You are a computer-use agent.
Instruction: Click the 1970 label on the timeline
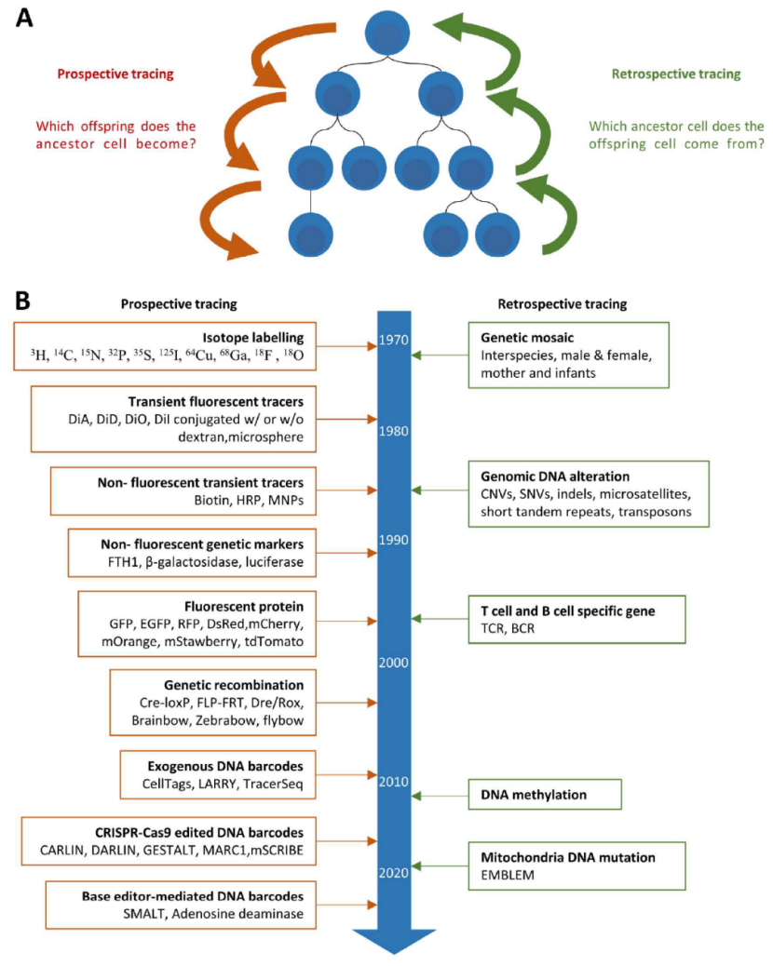[x=393, y=340]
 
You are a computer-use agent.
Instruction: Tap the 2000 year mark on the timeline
[x=393, y=663]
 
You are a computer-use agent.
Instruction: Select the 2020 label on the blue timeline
[x=393, y=873]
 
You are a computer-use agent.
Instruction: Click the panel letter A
[x=24, y=18]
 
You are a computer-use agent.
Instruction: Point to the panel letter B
[x=22, y=301]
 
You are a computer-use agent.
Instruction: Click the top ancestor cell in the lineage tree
[x=387, y=32]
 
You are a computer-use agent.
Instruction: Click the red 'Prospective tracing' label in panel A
[x=115, y=74]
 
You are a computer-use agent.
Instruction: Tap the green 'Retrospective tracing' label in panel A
[x=676, y=74]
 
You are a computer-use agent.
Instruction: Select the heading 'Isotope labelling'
[x=253, y=338]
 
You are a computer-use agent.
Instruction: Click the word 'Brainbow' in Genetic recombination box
[x=160, y=720]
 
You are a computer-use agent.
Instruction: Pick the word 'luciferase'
[x=275, y=562]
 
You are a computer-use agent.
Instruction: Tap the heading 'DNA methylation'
[x=534, y=795]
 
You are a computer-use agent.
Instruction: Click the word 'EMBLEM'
[x=508, y=875]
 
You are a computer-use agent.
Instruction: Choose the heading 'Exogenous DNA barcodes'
[x=225, y=767]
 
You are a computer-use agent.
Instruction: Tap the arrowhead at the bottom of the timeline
[x=394, y=942]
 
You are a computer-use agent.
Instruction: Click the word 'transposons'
[x=656, y=512]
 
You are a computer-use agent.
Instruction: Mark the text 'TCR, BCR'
[x=508, y=628]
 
